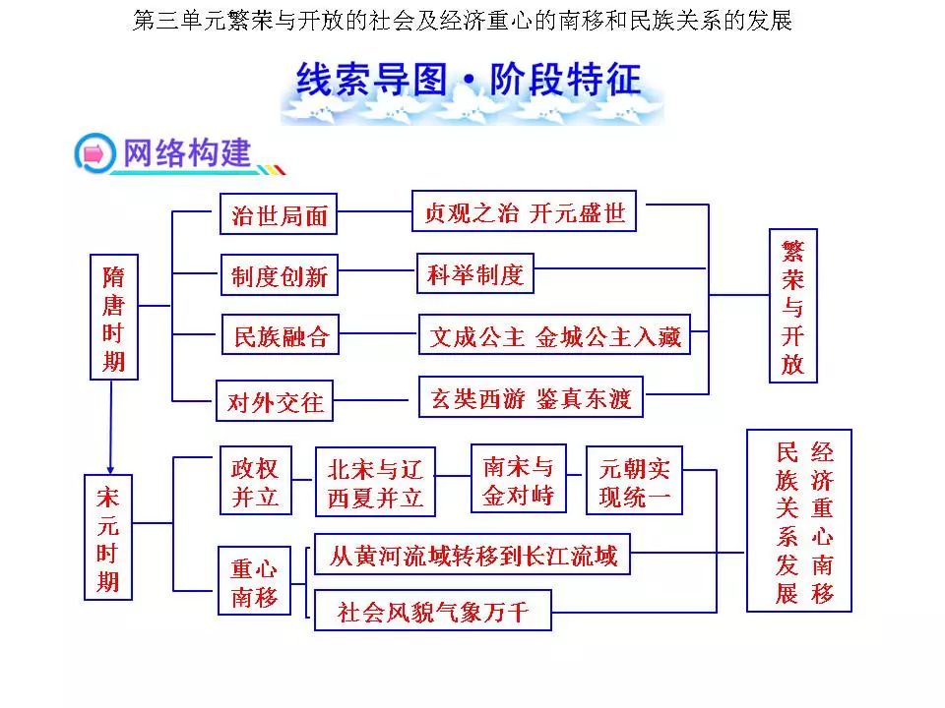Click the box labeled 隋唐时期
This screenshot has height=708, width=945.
(x=114, y=318)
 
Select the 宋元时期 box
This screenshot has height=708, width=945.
(x=108, y=538)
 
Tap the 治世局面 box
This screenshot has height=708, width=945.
(x=279, y=213)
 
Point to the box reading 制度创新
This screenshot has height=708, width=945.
(x=279, y=274)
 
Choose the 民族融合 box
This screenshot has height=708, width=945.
(x=281, y=334)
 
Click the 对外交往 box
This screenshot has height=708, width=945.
(x=275, y=400)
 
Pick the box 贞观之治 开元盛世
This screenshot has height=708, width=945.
(x=525, y=211)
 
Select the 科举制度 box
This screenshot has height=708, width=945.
(x=475, y=273)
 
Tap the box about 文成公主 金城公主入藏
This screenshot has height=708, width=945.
(x=554, y=334)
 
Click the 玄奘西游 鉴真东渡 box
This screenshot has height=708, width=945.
(x=531, y=396)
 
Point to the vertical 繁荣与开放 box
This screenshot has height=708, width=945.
(x=793, y=306)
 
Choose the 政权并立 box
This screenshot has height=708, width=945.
(x=256, y=481)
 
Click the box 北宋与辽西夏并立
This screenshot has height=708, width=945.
(x=375, y=482)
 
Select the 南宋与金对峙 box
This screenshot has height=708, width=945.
(x=519, y=479)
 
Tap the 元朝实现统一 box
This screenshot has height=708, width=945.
(x=635, y=481)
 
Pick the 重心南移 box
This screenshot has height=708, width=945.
(x=254, y=580)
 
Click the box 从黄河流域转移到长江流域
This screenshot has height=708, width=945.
(x=472, y=554)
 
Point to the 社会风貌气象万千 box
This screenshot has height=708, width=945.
(x=433, y=611)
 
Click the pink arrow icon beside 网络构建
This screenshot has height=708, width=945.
(x=94, y=153)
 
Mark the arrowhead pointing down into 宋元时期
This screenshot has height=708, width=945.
(x=110, y=469)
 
